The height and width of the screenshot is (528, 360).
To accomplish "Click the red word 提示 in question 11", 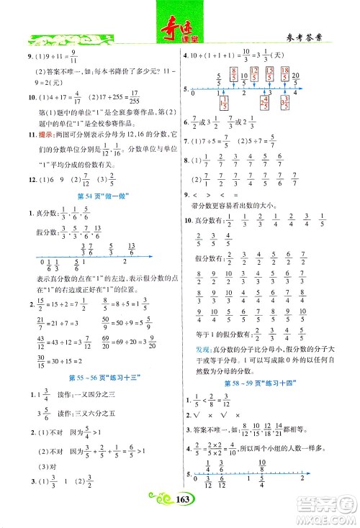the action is [36, 133].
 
